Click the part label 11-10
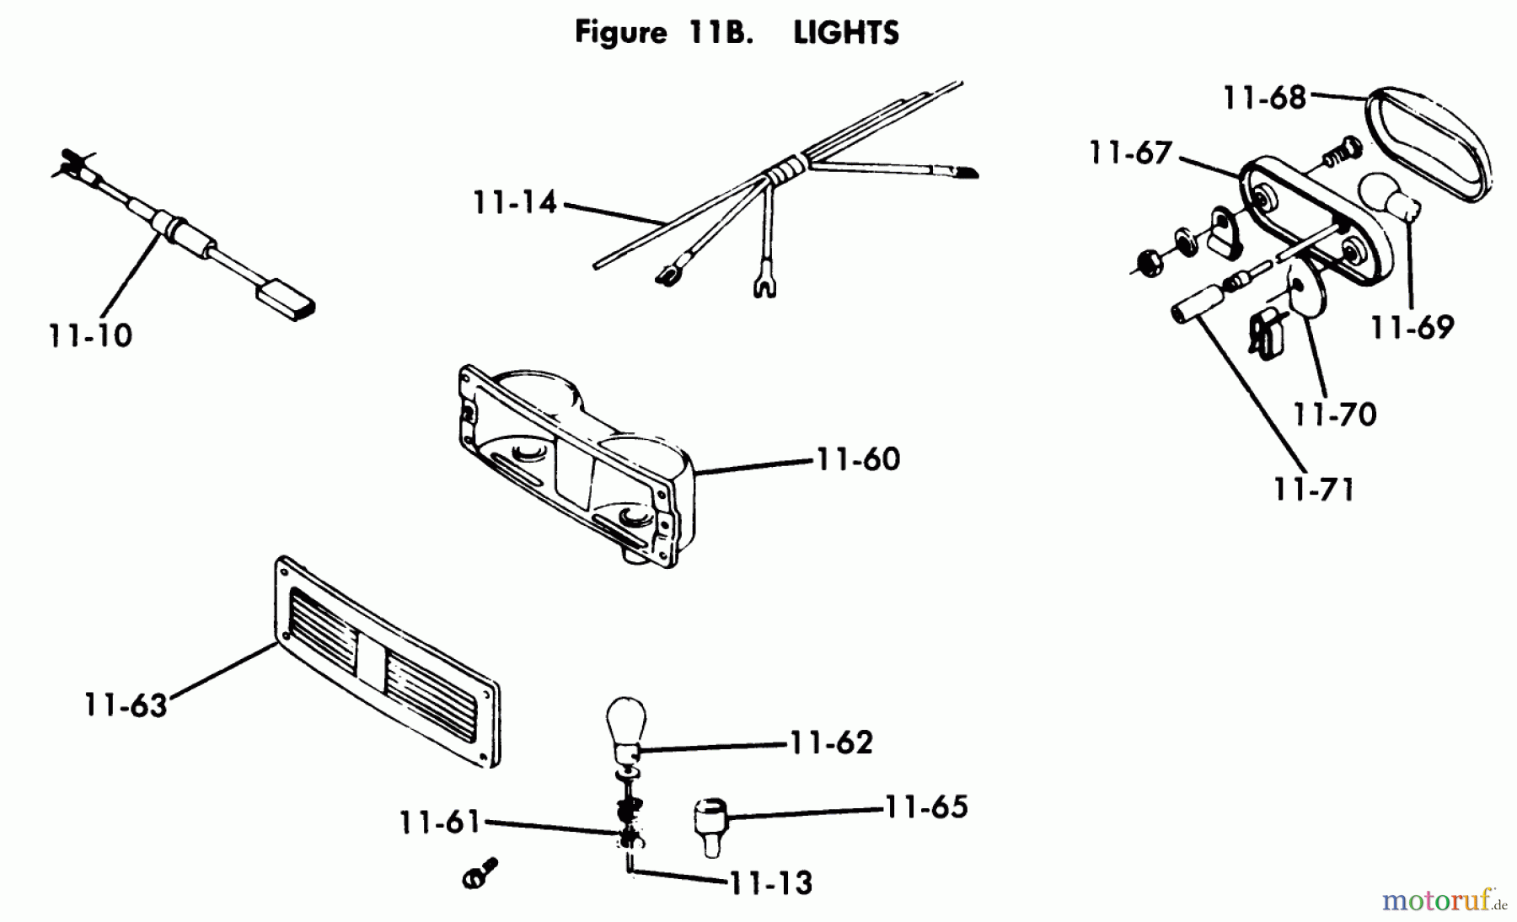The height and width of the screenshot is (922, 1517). click(x=91, y=336)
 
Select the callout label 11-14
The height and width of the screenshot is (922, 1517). click(x=515, y=203)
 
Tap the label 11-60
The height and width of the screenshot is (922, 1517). click(x=858, y=459)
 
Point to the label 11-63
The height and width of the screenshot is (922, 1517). click(x=126, y=705)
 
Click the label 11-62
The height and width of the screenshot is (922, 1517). click(x=831, y=742)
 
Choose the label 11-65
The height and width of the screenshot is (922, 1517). click(x=925, y=807)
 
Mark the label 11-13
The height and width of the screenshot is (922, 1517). click(x=770, y=883)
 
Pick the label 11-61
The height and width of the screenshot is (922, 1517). click(x=439, y=822)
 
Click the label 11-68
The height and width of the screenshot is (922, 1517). click(x=1264, y=98)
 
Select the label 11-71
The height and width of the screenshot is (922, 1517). click(x=1314, y=490)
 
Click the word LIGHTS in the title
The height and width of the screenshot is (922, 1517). click(x=845, y=33)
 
